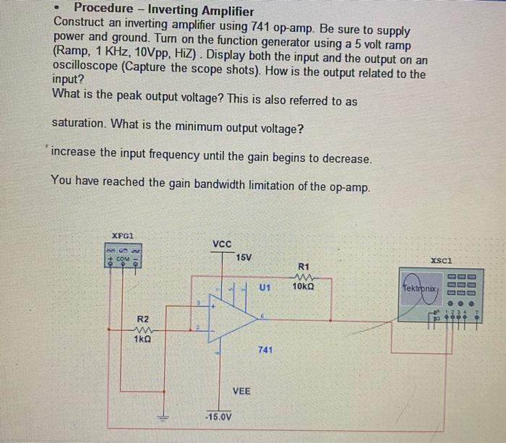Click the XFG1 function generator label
pos(122,235)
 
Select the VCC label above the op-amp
pos(223,244)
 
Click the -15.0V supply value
pos(218,417)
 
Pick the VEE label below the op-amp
pos(241,391)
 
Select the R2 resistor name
pos(142,319)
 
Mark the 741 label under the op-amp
pos(265,350)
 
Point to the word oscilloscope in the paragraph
pos(86,74)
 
